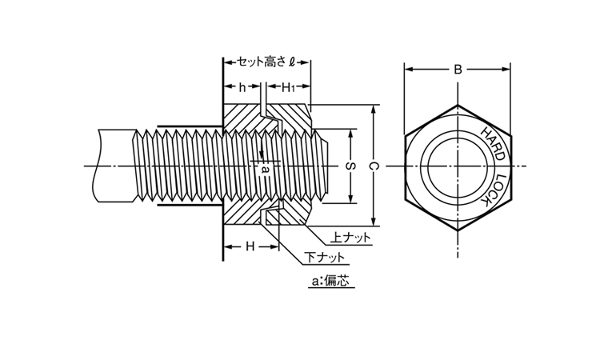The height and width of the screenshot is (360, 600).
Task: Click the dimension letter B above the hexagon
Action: click(x=458, y=70)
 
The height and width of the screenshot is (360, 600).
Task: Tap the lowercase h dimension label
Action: click(x=242, y=86)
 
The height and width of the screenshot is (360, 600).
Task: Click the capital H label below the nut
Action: click(x=250, y=246)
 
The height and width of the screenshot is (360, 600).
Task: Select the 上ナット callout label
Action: click(x=351, y=238)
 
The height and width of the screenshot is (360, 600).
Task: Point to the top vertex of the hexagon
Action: click(x=458, y=104)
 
